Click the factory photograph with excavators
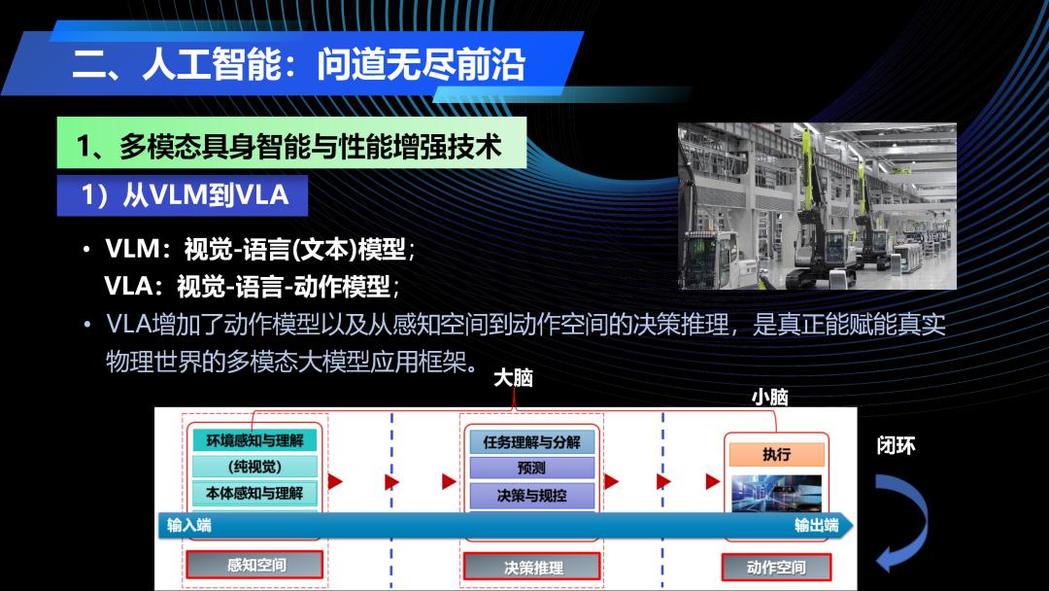(x=817, y=205)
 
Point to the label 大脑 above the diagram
(x=513, y=378)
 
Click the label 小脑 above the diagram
(x=769, y=397)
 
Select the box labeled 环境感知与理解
(x=254, y=440)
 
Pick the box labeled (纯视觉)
(x=254, y=466)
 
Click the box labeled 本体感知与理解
(x=254, y=493)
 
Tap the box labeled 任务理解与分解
(x=532, y=441)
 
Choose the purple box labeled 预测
(x=532, y=468)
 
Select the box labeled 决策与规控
(x=532, y=496)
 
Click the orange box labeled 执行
(x=777, y=455)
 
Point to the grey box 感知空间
(x=254, y=565)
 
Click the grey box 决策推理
(x=532, y=567)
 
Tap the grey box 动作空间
(x=776, y=567)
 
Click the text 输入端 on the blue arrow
(x=189, y=526)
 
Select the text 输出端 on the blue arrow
(x=816, y=526)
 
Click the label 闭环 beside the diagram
(x=896, y=446)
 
